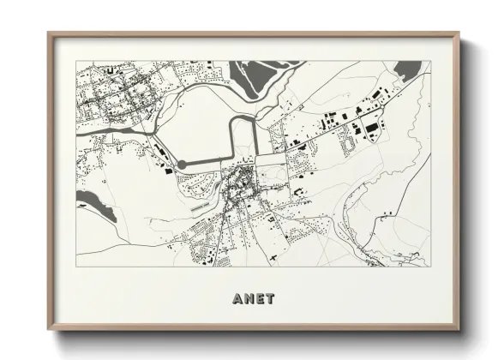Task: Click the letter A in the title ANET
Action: point(237,299)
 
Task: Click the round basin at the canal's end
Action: point(182,165)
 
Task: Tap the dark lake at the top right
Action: point(410,70)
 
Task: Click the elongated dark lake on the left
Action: point(95,207)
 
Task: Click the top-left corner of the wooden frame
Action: point(49,34)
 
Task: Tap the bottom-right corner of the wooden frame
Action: point(458,329)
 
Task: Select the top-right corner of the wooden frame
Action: point(458,34)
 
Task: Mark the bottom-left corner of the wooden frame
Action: point(49,329)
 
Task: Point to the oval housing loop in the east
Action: point(348,147)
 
